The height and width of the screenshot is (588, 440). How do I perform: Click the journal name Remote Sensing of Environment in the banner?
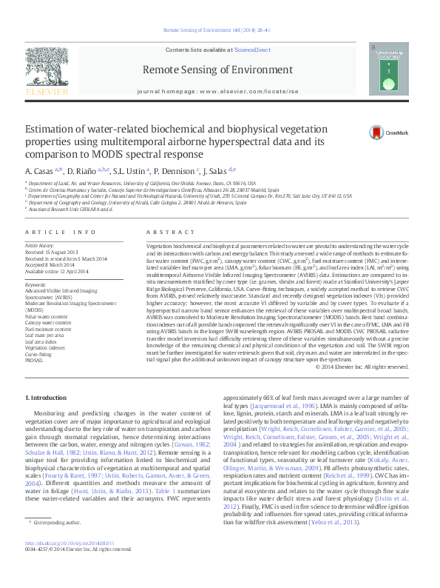point(220,70)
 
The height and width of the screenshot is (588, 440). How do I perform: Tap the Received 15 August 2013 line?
point(52,250)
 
